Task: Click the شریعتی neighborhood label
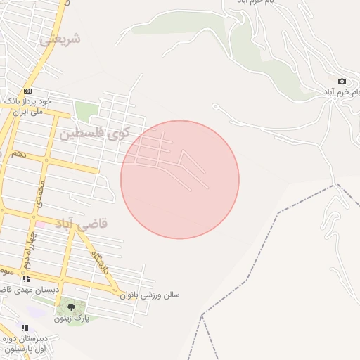[60, 39]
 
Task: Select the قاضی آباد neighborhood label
[84, 224]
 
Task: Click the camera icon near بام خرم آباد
[342, 82]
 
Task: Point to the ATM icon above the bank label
[27, 91]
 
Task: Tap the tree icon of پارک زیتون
[70, 307]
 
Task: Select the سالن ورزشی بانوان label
[153, 295]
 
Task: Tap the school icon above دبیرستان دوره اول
[25, 328]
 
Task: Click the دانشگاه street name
[99, 264]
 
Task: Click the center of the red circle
[180, 179]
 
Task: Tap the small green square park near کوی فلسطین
[86, 111]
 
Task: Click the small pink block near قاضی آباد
[41, 224]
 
